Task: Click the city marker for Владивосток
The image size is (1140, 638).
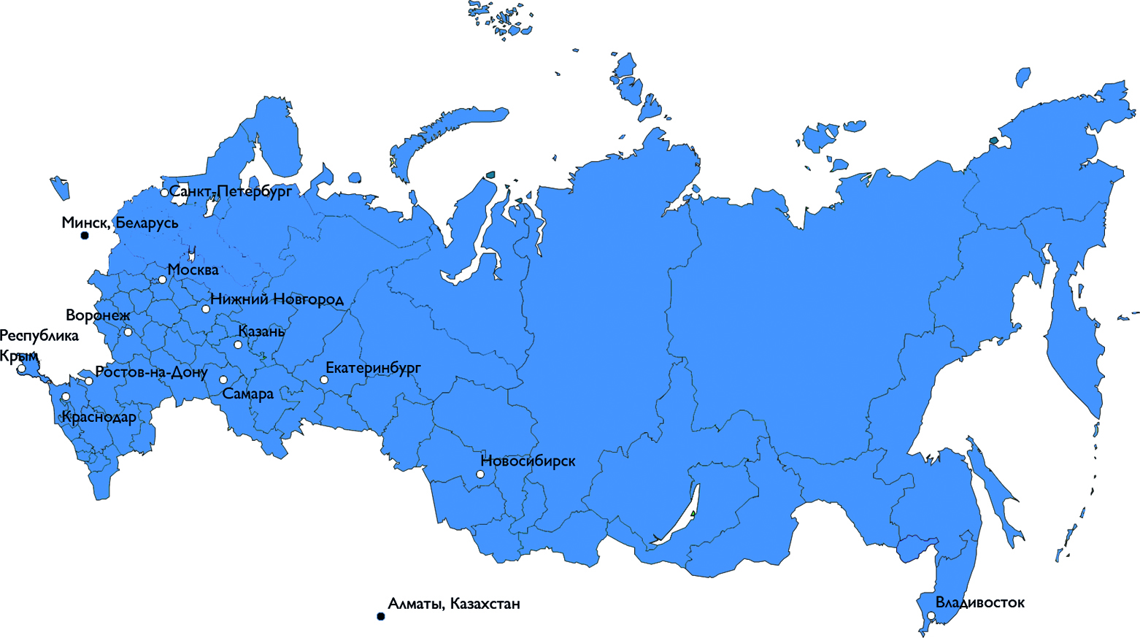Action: pos(931,616)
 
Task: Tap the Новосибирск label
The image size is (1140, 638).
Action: pos(528,461)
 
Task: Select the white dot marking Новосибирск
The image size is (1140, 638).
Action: pos(480,474)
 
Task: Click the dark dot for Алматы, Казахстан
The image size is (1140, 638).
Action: pos(380,617)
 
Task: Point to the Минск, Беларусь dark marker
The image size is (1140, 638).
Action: pos(85,236)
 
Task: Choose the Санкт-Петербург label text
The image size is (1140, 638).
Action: pos(231,192)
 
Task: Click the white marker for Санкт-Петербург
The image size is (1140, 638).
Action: pos(164,193)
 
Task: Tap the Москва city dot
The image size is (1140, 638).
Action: pos(163,280)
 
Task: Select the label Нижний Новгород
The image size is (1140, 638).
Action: pos(277,299)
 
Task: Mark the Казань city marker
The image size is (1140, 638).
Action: pos(238,345)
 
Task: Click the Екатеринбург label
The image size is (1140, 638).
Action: pos(373,368)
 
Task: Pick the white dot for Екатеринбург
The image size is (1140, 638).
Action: pos(324,380)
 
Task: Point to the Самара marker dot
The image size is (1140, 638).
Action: pos(223,380)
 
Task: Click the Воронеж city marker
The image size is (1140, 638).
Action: pos(128,332)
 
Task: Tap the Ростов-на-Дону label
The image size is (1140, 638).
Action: pos(152,372)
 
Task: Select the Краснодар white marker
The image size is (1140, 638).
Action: pos(66,397)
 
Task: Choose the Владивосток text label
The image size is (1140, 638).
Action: pos(980,603)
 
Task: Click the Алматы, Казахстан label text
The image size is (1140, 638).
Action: pos(454,604)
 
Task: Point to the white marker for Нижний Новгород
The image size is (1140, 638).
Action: pos(206,310)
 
